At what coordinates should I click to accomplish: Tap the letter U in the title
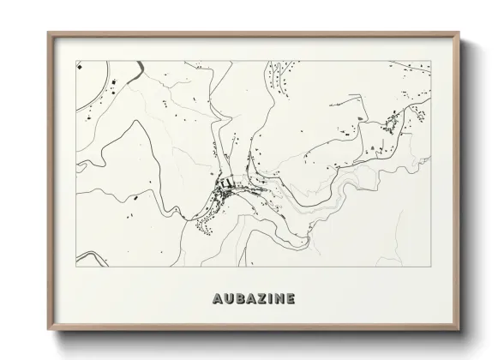click(225, 299)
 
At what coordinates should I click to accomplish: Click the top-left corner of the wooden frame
click(48, 33)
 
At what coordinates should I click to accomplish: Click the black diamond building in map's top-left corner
click(79, 65)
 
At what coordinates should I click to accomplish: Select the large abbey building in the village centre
click(226, 182)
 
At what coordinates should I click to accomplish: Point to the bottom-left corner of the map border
click(75, 267)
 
